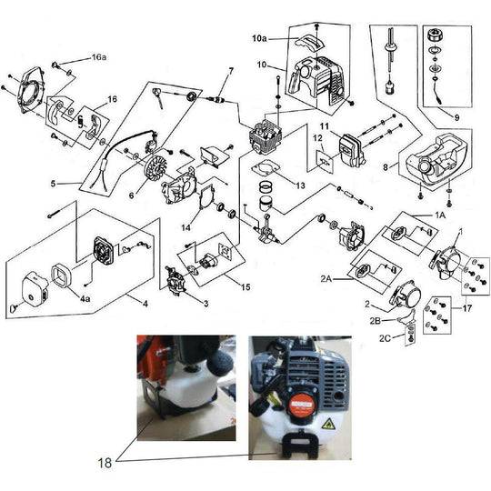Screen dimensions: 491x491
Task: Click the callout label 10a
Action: click(x=259, y=39)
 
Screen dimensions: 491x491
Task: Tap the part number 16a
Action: click(x=99, y=56)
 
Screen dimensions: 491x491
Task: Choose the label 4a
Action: click(x=84, y=296)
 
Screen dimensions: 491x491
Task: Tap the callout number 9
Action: click(x=457, y=117)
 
